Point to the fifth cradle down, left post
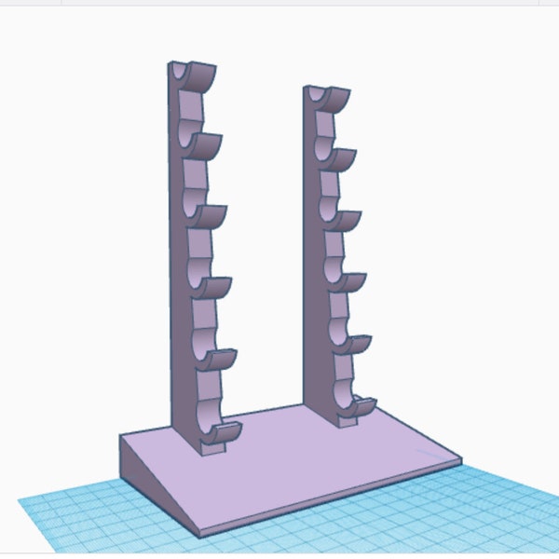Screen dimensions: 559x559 pos(217,360)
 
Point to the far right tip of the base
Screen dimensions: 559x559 pos(460,457)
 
